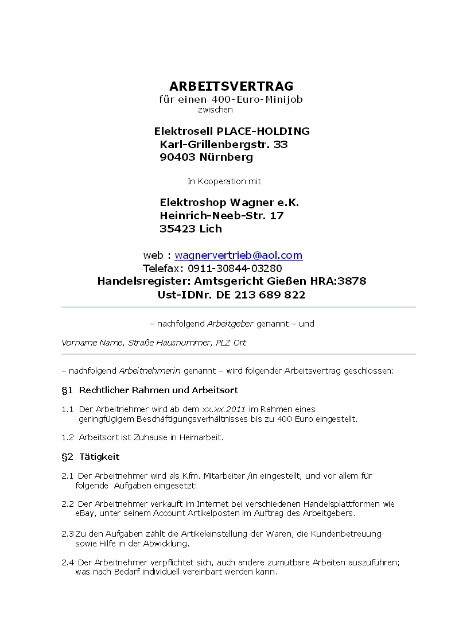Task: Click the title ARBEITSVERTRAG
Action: [231, 87]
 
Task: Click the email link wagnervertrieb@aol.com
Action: [238, 255]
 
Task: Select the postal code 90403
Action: [177, 157]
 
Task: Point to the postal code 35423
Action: [177, 229]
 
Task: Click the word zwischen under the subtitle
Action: [215, 110]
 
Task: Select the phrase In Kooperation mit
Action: [224, 181]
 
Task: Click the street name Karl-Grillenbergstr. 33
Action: [224, 144]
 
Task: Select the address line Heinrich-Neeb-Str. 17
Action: [221, 216]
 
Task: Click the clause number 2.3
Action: [67, 534]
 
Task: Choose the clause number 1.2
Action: [68, 437]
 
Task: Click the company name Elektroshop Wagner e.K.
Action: [230, 203]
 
